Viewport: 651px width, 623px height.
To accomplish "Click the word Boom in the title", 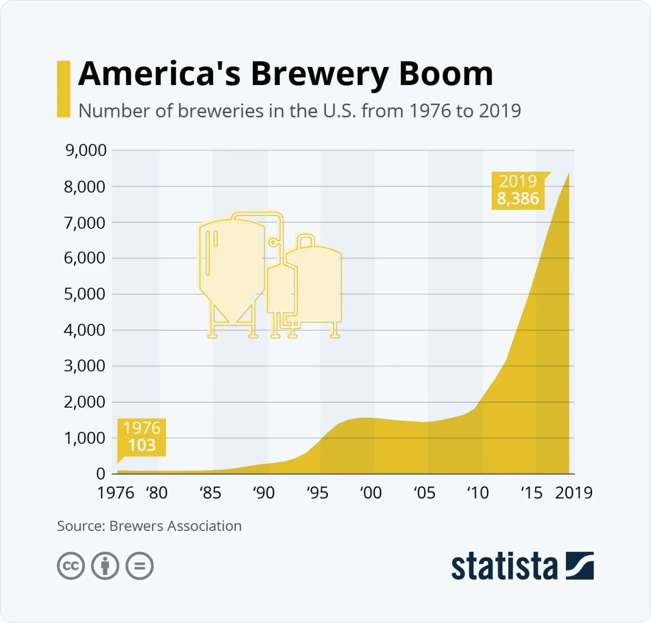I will [x=446, y=74].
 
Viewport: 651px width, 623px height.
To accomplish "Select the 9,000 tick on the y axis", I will [x=85, y=150].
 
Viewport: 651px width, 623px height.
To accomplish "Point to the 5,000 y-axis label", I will [x=84, y=294].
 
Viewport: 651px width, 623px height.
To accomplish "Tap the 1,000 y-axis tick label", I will [x=84, y=438].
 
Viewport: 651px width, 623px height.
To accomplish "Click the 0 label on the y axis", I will [x=100, y=474].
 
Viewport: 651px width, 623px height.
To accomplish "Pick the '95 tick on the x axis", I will [x=317, y=493].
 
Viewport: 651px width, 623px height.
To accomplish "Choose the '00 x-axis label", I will [x=371, y=493].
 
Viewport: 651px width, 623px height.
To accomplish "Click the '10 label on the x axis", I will [x=478, y=493].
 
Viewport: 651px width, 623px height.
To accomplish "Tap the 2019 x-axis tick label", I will [x=574, y=493].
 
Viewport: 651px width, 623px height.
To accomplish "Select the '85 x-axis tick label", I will [x=210, y=493].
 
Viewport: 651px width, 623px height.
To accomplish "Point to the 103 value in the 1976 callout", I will [x=142, y=445].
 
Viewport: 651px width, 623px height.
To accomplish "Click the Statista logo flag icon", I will [x=580, y=566].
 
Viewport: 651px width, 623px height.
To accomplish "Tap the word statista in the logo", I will [x=504, y=566].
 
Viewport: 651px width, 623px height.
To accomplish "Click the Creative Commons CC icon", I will [x=71, y=566].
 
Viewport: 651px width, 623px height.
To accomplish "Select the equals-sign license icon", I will [x=140, y=566].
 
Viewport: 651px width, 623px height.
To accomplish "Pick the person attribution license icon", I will [x=105, y=566].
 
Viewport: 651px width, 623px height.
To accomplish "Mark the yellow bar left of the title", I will [x=63, y=89].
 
